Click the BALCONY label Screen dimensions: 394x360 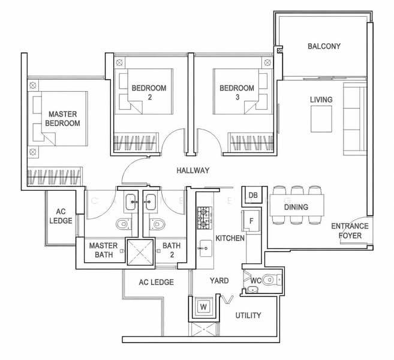click(x=324, y=46)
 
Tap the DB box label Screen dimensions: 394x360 click(x=253, y=195)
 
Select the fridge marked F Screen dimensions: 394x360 click(x=251, y=220)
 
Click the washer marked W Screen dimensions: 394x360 click(x=203, y=307)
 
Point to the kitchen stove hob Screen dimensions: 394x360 click(x=204, y=218)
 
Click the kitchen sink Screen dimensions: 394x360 click(x=206, y=248)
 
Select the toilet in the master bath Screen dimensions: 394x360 click(x=124, y=224)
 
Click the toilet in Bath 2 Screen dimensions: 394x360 click(x=157, y=224)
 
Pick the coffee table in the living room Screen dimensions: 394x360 click(x=321, y=119)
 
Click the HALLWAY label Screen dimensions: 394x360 click(x=193, y=170)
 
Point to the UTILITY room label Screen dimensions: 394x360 click(x=248, y=315)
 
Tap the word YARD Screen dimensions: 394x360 click(x=219, y=281)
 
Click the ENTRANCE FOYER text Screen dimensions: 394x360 click(x=350, y=231)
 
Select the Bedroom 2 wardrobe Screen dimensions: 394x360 click(x=137, y=142)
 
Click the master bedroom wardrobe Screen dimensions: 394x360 click(x=55, y=176)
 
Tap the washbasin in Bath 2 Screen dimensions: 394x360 click(x=150, y=202)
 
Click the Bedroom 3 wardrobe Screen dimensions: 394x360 click(x=251, y=142)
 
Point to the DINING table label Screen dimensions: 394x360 click(x=296, y=207)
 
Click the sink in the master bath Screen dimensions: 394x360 click(x=131, y=202)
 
